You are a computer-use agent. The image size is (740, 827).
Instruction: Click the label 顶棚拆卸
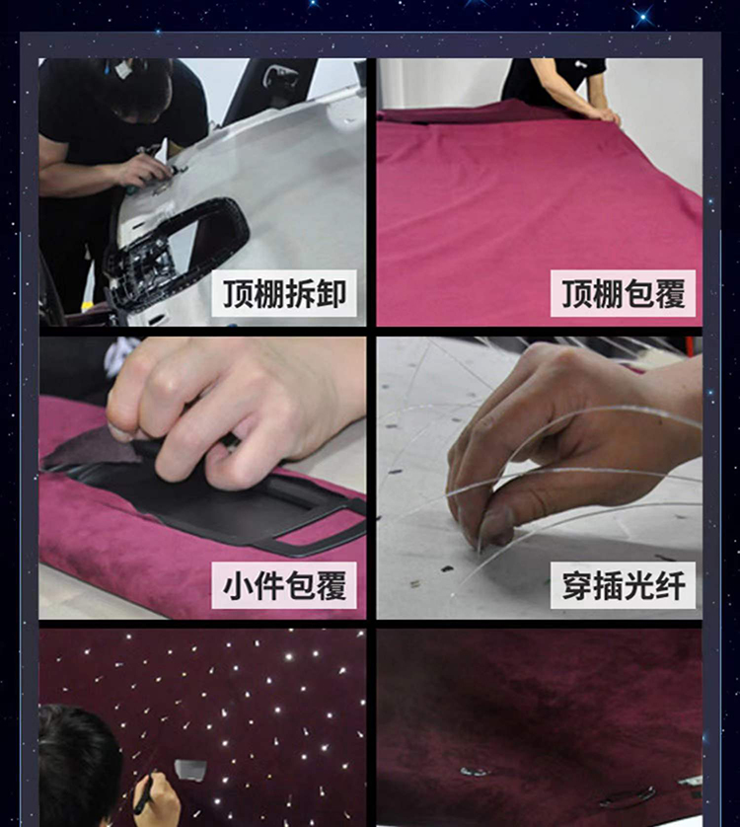284,293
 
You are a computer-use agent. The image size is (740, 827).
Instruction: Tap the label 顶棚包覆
623,293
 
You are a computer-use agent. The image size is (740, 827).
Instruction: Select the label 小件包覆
284,585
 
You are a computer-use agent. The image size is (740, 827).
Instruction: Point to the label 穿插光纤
623,585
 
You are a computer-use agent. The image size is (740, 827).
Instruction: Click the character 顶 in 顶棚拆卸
238,294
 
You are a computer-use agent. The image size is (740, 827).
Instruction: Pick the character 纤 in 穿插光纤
670,585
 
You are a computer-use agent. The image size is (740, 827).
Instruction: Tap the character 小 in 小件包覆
238,585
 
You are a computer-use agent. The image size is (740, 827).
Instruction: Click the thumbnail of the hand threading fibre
539,478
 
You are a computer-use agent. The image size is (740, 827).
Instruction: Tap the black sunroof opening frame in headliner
177,254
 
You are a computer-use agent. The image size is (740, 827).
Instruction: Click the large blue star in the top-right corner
643,18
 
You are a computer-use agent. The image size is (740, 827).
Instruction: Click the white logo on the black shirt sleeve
581,64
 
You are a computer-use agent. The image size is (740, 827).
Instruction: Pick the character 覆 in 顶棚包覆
670,294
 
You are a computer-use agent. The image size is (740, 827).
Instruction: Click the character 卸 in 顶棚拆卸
331,294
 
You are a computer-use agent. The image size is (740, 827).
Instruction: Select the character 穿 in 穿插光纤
577,585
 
